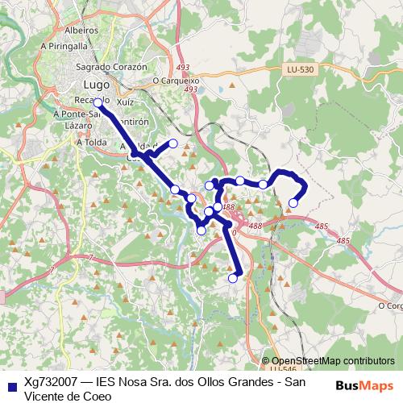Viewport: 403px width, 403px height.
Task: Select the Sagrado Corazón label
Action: [x=112, y=67]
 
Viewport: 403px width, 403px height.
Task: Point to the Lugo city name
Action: [x=97, y=85]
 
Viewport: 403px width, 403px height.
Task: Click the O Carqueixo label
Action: [x=175, y=81]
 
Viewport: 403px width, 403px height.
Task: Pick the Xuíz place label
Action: [x=125, y=104]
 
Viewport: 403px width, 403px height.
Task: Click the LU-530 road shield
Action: [x=299, y=70]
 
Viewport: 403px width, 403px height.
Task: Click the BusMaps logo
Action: [x=364, y=385]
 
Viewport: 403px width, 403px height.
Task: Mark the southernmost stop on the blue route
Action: [x=233, y=278]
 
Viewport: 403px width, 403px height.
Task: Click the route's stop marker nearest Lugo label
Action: [x=98, y=103]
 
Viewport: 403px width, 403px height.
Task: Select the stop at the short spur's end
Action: [x=172, y=144]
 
